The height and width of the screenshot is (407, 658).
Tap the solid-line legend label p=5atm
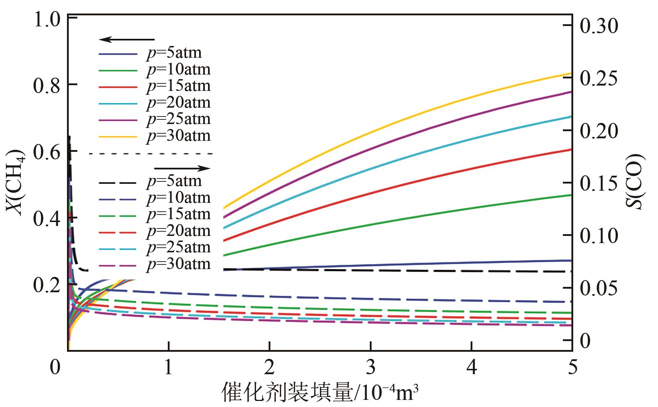[x=174, y=53]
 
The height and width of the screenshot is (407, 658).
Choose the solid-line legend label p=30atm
[x=178, y=136]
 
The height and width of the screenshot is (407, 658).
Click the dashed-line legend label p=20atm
[x=178, y=231]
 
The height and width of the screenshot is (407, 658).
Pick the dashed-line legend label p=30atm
[x=178, y=264]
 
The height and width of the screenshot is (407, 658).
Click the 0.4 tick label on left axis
[x=47, y=218]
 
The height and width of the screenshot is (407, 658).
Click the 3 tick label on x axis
[x=371, y=367]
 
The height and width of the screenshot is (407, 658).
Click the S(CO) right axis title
[x=636, y=182]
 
